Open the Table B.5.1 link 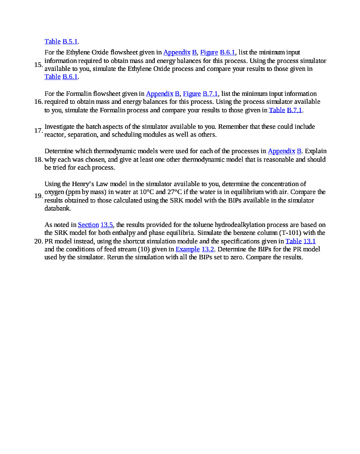coord(61,41)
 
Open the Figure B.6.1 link coord(218,52)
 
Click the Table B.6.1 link coord(61,77)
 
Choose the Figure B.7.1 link coord(201,94)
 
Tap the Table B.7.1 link coord(286,110)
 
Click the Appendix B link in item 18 coord(285,151)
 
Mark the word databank coord(59,208)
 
